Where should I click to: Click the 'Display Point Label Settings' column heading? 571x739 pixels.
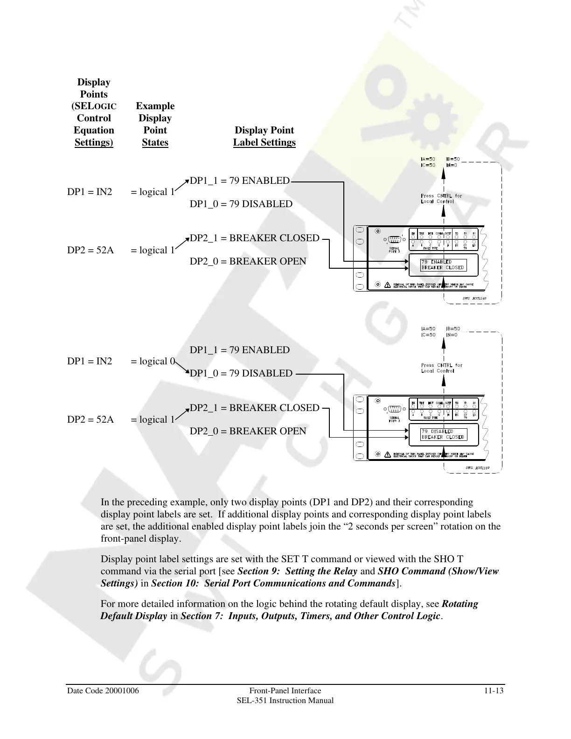(264, 136)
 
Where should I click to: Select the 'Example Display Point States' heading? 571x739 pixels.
(155, 124)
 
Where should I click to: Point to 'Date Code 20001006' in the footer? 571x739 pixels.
(103, 690)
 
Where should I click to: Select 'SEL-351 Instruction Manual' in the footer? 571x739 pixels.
(285, 700)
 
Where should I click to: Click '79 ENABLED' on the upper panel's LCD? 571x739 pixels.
(436, 262)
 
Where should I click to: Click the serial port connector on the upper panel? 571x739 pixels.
(395, 239)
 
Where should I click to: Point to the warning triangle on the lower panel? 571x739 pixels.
(387, 454)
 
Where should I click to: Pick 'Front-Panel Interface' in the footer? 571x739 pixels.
(285, 690)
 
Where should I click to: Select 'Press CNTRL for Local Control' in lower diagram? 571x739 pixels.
(441, 368)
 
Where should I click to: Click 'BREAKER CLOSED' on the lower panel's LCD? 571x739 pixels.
(443, 437)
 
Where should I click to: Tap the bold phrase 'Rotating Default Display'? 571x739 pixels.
(289, 610)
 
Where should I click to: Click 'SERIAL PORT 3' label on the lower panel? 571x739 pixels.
(395, 418)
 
